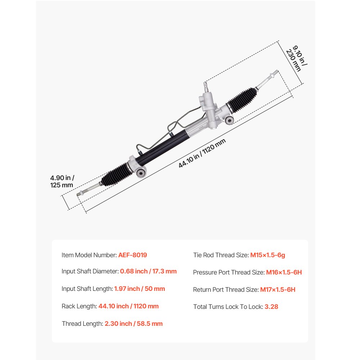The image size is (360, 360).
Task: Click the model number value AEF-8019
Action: [x=132, y=255]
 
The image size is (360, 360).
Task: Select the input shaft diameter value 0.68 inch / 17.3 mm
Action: [x=148, y=271]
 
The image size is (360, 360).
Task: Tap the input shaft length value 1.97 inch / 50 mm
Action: [x=139, y=289]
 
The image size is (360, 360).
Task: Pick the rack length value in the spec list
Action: [x=129, y=306]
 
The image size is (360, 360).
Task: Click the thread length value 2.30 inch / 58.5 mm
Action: [x=134, y=324]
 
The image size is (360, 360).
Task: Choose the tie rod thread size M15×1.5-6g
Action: [x=267, y=255]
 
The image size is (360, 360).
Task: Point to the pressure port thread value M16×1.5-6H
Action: [x=284, y=272]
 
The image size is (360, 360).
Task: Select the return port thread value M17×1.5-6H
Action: [x=278, y=289]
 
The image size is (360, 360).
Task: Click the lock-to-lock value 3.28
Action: [x=271, y=307]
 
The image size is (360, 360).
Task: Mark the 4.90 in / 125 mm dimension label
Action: [x=62, y=181]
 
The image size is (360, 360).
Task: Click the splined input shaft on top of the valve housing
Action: [x=206, y=87]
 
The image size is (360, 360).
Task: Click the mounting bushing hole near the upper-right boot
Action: [x=229, y=120]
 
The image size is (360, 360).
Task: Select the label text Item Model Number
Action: [x=89, y=255]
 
